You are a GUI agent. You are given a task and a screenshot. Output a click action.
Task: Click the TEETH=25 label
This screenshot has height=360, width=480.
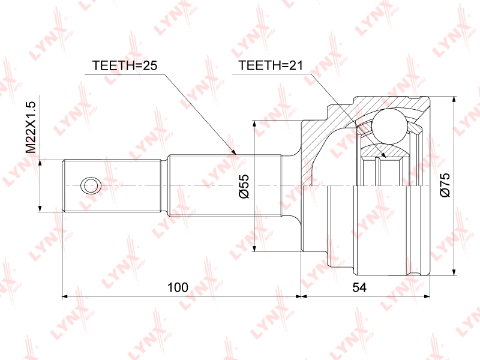click(x=125, y=65)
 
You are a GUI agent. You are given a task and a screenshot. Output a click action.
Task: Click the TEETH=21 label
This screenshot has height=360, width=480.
click(x=271, y=65)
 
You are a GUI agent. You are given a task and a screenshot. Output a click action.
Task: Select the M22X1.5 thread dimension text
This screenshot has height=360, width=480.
click(x=31, y=127)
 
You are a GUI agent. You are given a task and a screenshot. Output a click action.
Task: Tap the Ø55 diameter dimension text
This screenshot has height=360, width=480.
click(x=244, y=187)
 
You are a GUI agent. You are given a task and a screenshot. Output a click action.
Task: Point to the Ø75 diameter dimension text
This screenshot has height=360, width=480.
click(x=445, y=185)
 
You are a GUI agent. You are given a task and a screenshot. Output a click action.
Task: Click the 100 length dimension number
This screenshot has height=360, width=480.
click(x=178, y=287)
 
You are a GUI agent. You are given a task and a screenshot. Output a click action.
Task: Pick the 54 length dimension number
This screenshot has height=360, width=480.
click(x=359, y=287)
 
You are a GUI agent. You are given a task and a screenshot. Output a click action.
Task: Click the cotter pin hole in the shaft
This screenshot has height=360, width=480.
click(x=91, y=185)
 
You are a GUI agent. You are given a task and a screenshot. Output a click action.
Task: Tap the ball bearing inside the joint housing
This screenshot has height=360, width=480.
click(x=389, y=126)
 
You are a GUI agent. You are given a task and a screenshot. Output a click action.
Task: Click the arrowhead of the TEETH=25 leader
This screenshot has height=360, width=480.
click(x=235, y=152)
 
